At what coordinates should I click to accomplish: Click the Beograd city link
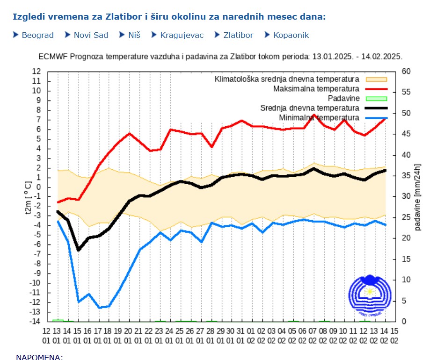click(37, 35)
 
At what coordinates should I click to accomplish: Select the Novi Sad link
click(91, 35)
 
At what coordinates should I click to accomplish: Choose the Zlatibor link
click(238, 35)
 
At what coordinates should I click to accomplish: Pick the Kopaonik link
click(291, 35)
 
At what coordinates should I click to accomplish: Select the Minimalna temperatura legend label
click(319, 118)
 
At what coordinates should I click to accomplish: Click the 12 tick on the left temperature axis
click(36, 72)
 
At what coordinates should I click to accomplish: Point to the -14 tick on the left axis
click(36, 322)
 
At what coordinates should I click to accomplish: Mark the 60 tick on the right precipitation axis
click(406, 72)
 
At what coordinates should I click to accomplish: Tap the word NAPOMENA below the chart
click(39, 357)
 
